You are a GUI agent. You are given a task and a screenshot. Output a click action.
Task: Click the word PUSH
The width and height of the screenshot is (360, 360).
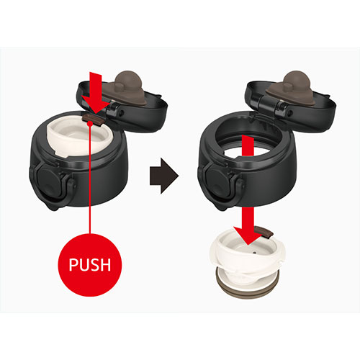click(x=90, y=264)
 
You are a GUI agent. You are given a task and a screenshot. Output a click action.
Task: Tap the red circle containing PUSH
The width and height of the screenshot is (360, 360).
click(x=90, y=265)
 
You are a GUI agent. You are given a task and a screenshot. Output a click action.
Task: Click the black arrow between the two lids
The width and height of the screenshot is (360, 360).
click(x=164, y=176)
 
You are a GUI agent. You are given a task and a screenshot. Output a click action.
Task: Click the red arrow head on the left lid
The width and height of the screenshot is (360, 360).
click(x=96, y=104)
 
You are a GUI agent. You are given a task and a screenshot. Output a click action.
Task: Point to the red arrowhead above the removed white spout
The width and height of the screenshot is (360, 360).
click(x=248, y=235)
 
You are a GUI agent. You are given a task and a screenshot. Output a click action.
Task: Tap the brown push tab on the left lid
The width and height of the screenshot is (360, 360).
click(x=92, y=119)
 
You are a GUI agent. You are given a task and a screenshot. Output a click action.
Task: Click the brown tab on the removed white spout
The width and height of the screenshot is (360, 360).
click(x=264, y=232)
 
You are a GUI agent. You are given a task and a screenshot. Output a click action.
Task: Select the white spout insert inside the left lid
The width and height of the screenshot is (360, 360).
click(x=78, y=139)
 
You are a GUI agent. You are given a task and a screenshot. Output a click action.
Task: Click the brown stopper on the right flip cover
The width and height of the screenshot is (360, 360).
click(x=291, y=88)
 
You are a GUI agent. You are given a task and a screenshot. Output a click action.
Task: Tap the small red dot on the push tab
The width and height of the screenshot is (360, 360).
click(x=90, y=123)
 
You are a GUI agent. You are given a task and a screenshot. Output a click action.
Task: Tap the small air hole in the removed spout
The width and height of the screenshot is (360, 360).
click(x=254, y=253)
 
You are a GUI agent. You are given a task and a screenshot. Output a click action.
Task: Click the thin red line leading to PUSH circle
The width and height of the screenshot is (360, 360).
click(x=90, y=179)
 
